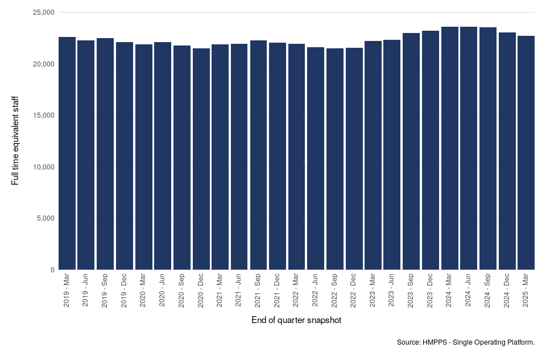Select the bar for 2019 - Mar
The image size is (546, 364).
coord(67,154)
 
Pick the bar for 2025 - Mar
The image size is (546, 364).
coord(526,153)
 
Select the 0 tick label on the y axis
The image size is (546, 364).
coord(52,270)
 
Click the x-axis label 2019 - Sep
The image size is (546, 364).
coord(105,291)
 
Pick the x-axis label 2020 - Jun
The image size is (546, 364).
coord(163,291)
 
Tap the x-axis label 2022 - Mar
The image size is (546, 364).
coord(296,291)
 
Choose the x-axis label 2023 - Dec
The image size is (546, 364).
coord(431,291)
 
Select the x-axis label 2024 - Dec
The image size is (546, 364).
coord(507,291)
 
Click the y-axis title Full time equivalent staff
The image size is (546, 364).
coord(15,140)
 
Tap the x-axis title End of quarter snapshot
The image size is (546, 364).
coord(296,321)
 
